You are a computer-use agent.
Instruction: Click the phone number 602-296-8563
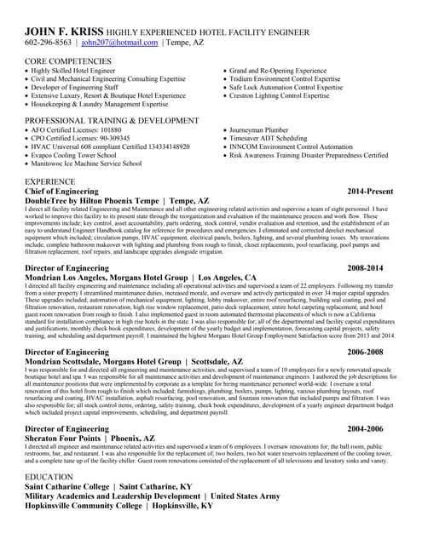(x=49, y=42)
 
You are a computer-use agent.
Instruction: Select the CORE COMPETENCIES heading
(x=67, y=61)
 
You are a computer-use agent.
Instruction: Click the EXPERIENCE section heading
(x=49, y=182)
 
